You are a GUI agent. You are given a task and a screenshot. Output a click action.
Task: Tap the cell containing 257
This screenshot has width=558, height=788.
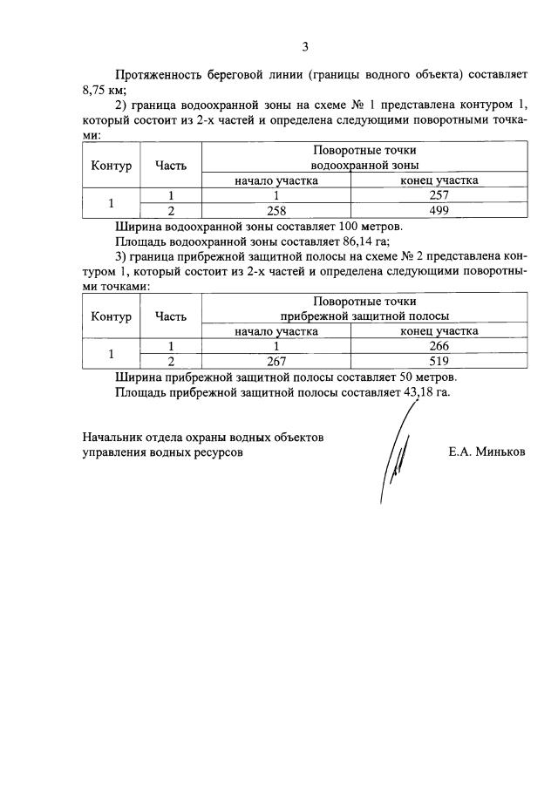coord(439,196)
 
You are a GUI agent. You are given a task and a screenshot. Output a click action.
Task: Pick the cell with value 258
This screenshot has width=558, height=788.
coord(276,210)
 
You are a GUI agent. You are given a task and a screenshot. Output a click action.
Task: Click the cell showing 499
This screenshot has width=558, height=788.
coord(439,210)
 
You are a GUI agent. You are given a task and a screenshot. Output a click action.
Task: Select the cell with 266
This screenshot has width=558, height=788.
coord(439,346)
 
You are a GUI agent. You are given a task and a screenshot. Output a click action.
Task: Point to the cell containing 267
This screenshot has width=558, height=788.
coord(276,360)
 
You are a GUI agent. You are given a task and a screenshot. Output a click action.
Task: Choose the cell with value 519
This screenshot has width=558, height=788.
coord(439,360)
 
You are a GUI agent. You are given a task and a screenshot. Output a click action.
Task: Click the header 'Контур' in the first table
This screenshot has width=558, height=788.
coord(110,165)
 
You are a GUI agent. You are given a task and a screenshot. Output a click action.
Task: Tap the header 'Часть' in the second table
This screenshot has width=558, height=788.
coord(171,316)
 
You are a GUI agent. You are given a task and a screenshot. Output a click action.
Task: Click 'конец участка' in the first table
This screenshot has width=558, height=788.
coord(439,180)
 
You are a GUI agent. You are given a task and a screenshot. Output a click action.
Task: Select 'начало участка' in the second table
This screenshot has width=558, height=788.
coord(276,331)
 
